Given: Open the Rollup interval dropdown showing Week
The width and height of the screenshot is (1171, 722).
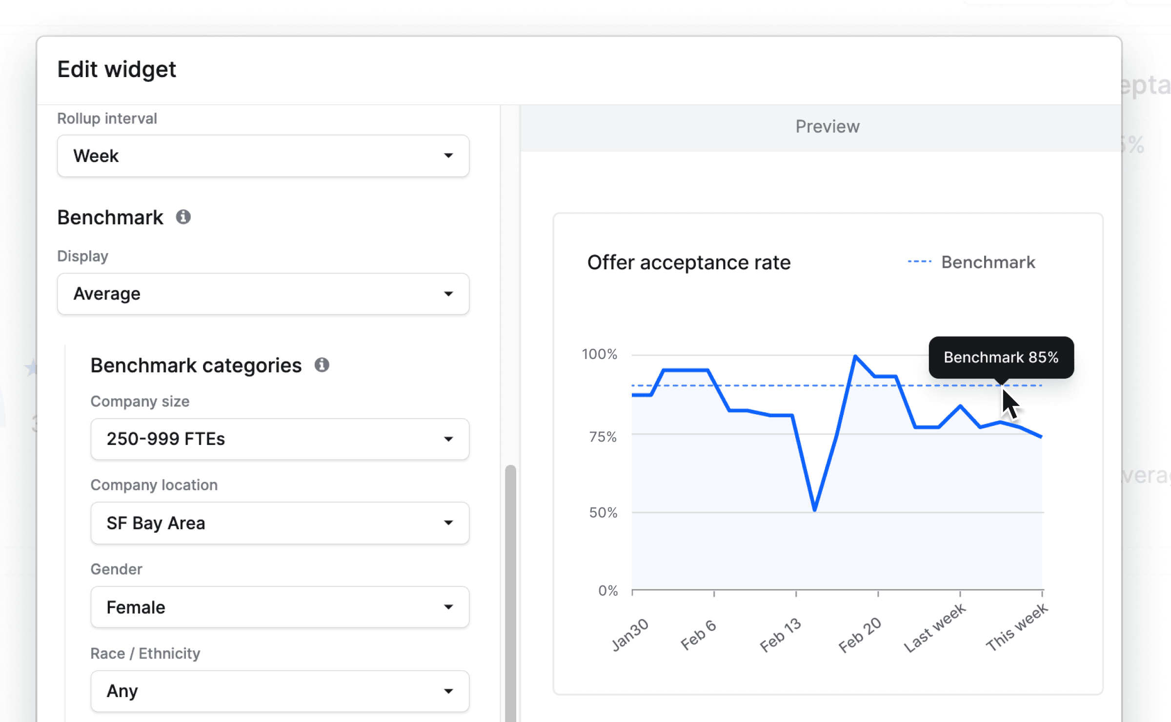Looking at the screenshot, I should [x=263, y=156].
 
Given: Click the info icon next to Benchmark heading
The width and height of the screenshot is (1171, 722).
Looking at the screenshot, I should [x=183, y=217].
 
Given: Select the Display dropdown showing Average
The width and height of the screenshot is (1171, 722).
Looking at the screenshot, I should [x=263, y=294].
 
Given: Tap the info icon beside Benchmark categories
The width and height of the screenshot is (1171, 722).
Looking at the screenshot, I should [x=322, y=365].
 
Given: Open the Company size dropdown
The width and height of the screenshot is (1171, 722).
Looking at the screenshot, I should [x=280, y=439].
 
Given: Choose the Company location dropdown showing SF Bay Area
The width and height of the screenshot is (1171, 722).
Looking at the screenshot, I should [x=280, y=523].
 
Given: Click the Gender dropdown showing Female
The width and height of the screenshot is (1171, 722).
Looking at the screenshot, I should [x=280, y=607].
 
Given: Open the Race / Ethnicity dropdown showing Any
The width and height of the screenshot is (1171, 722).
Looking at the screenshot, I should [x=280, y=691].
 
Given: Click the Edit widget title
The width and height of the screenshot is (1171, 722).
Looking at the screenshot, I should [x=117, y=69].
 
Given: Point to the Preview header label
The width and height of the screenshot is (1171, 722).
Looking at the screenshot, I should [x=828, y=127].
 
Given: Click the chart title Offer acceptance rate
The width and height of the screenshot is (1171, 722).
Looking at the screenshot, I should [x=688, y=262].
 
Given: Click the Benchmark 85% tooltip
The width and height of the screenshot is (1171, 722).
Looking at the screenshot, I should [x=1001, y=357].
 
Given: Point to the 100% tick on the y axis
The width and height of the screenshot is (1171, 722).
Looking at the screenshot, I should [x=599, y=354].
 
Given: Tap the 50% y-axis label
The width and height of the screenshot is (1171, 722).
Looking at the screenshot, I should [x=603, y=513].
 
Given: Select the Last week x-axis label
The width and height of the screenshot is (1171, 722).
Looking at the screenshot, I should [x=934, y=628].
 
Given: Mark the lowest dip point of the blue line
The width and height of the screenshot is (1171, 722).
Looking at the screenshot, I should [x=814, y=510].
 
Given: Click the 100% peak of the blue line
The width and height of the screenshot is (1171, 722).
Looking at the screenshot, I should [x=855, y=356].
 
